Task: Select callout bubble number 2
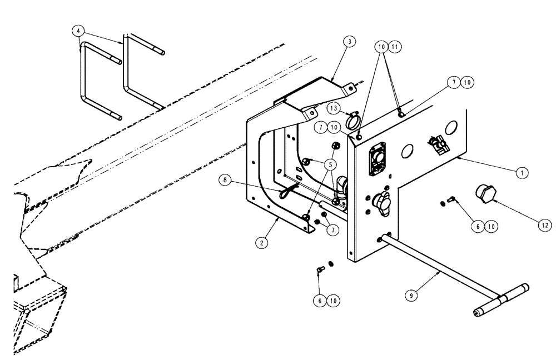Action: coord(259,242)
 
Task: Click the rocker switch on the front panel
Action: coord(438,145)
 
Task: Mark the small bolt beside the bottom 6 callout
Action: coord(320,270)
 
